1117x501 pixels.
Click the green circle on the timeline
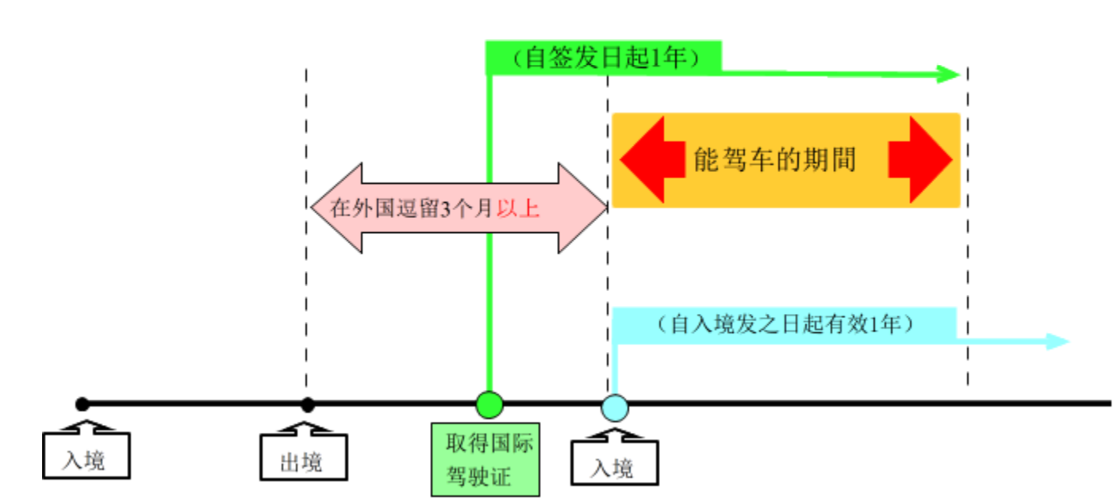click(489, 404)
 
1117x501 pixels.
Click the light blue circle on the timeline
click(614, 407)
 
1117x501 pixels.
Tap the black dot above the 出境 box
click(308, 404)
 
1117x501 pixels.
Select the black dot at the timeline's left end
click(82, 404)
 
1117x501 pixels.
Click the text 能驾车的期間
click(774, 160)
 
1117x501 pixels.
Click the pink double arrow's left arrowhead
click(325, 208)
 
